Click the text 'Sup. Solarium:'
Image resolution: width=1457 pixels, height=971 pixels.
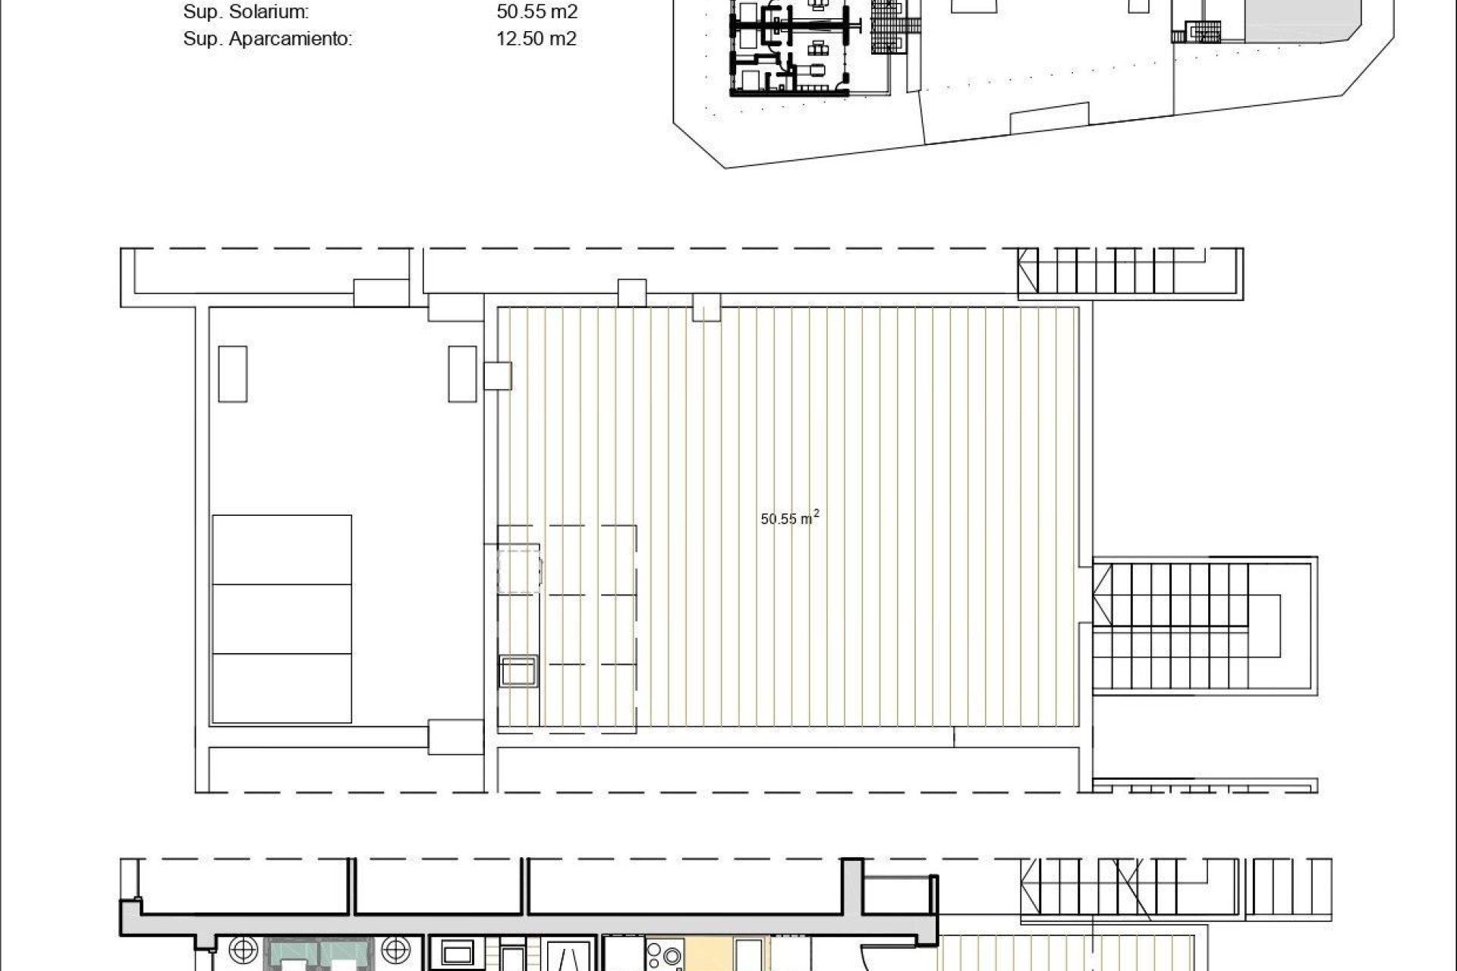pos(246,12)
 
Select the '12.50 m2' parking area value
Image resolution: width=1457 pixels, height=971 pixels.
pos(536,39)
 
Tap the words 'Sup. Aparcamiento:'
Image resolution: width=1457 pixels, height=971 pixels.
pos(267,39)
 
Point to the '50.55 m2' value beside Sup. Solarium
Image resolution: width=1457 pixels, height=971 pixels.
pos(537,12)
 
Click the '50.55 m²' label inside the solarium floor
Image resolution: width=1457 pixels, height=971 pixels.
pos(789,519)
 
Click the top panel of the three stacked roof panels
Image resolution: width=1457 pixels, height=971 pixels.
pos(282,549)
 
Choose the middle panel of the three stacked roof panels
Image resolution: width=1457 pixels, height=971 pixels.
pos(282,618)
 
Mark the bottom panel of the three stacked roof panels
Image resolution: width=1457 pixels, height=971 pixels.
pos(282,687)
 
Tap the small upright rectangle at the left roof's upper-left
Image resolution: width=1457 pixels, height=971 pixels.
pos(232,374)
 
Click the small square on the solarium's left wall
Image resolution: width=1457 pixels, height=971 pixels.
pos(498,376)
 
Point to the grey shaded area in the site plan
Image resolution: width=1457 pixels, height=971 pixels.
pos(1290,19)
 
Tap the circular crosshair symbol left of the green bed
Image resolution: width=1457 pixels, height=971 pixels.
pos(244,951)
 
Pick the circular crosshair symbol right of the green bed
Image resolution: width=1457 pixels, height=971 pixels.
pos(395,951)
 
